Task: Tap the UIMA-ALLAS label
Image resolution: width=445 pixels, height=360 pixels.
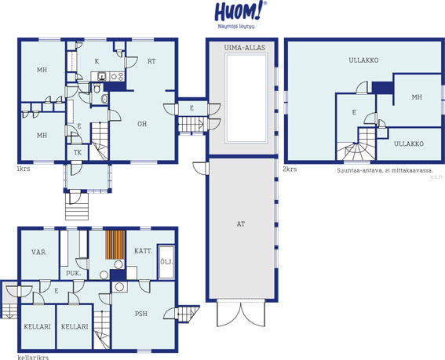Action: pos(245,47)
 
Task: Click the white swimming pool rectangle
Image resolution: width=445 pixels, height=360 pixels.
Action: pos(246,98)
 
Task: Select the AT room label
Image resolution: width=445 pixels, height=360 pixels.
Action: pos(241,224)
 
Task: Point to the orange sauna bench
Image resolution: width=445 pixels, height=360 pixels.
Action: pos(115,245)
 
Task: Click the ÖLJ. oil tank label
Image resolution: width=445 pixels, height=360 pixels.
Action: pos(166,261)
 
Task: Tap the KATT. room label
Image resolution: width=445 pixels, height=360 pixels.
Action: pos(144,251)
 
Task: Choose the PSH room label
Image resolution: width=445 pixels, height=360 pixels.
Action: pos(141,314)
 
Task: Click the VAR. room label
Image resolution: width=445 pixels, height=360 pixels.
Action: pos(39,252)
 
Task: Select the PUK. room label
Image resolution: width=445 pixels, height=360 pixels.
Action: pos(73,274)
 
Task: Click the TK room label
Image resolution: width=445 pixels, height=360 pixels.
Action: pos(78,153)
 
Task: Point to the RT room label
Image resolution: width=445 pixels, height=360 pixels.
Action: pos(151,61)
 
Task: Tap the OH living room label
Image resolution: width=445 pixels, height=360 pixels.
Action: pos(142,124)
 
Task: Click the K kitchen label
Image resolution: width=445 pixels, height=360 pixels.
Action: pos(97,61)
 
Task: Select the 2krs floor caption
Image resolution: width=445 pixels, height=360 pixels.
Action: pos(290,169)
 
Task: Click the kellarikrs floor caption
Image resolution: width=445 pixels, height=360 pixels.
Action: pos(33,357)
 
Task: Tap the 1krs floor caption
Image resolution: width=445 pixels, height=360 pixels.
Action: pos(24,169)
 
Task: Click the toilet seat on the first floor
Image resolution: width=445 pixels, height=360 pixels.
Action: pos(97,88)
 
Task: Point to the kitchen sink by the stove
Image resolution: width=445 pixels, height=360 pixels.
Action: pos(101,76)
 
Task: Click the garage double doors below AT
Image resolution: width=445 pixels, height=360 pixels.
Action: pos(241,313)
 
